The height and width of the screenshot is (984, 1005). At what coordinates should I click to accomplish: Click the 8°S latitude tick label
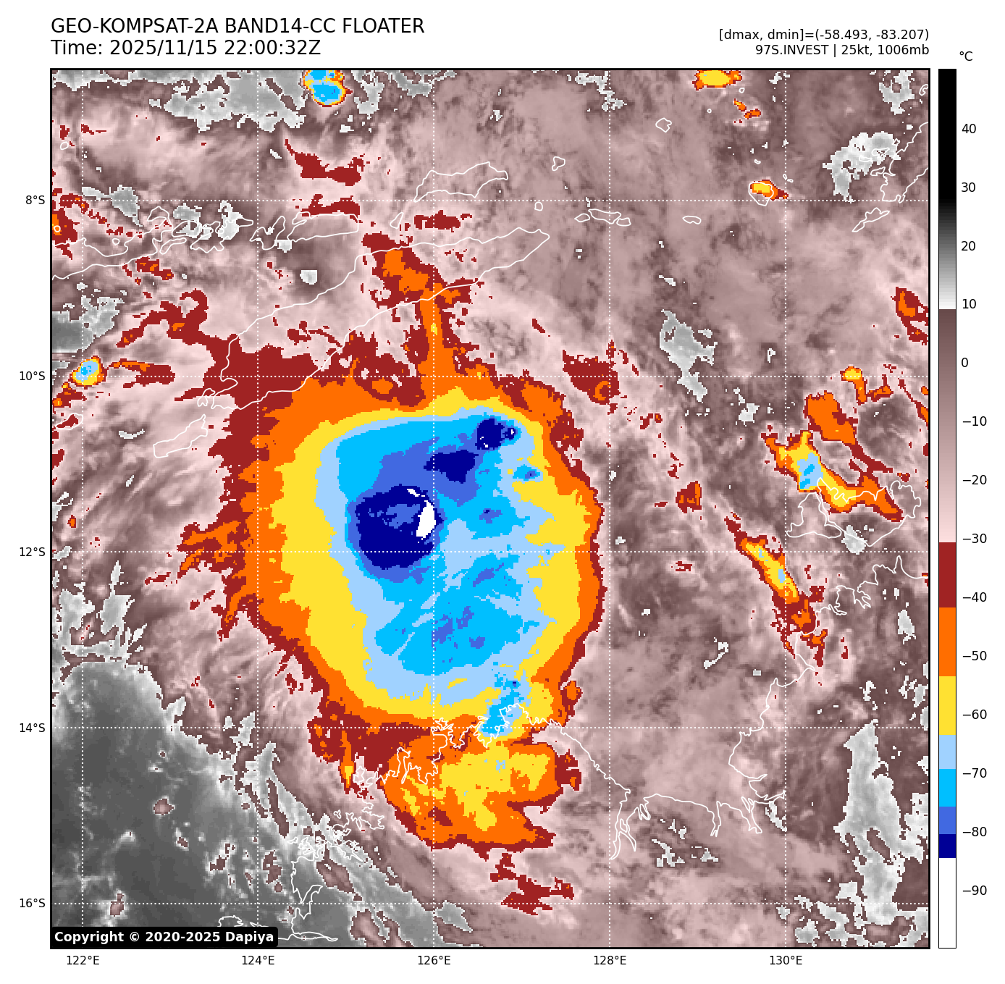[35, 200]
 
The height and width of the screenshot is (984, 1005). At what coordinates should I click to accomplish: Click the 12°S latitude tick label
[32, 552]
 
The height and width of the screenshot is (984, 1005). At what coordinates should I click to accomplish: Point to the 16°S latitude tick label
[32, 903]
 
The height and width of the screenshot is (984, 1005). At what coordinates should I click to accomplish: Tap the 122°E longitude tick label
[83, 961]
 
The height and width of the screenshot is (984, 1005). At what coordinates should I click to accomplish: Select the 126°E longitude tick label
[434, 961]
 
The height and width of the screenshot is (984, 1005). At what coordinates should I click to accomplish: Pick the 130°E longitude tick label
[785, 961]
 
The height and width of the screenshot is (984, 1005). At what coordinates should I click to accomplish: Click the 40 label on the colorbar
[969, 129]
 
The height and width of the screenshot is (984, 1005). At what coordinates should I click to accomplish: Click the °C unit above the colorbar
[965, 56]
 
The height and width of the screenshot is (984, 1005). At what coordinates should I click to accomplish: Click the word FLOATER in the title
[383, 27]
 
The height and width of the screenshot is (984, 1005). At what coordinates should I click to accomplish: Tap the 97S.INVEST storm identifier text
[791, 50]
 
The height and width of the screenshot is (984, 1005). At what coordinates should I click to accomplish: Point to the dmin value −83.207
[899, 35]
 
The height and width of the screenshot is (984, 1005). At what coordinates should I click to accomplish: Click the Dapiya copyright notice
[164, 937]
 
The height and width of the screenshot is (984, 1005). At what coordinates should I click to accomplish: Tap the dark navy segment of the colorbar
[947, 846]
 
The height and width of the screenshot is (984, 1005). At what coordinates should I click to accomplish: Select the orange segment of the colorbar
[947, 642]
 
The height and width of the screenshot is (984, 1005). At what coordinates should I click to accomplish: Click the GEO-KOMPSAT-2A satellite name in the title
[135, 27]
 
